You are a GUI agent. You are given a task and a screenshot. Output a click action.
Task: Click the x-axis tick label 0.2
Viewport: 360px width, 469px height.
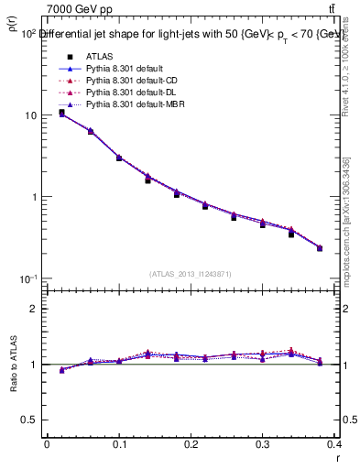pyautogui.click(x=191, y=443)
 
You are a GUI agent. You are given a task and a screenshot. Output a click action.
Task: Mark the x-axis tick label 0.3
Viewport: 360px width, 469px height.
pyautogui.click(x=263, y=443)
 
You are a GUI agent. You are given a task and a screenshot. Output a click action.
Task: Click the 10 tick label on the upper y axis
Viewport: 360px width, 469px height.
pyautogui.click(x=29, y=115)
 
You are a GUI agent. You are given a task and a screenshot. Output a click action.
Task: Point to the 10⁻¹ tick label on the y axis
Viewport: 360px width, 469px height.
pyautogui.click(x=27, y=278)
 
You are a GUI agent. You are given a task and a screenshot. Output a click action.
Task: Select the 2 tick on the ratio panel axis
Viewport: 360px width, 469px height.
pyautogui.click(x=34, y=309)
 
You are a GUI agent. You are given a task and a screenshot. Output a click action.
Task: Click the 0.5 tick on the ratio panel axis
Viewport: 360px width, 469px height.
pyautogui.click(x=29, y=420)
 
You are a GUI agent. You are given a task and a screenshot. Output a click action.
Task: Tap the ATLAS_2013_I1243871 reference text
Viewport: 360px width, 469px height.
pyautogui.click(x=191, y=273)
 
